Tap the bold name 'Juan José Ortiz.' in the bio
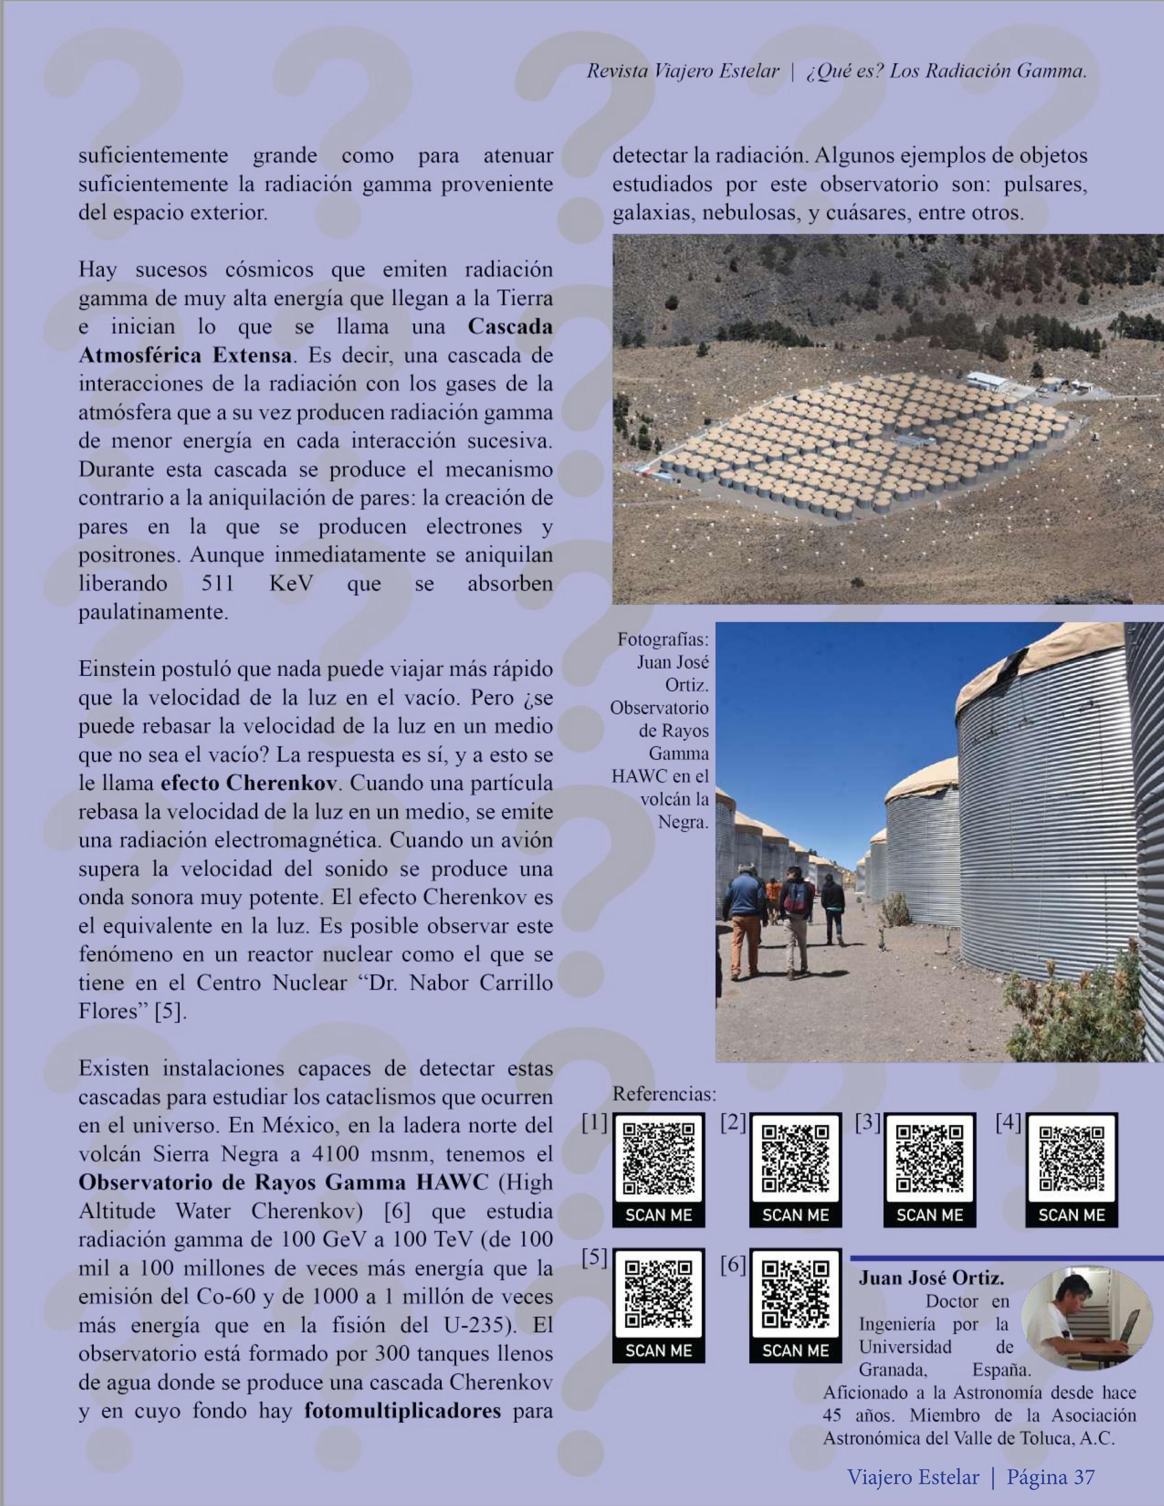click(x=931, y=1278)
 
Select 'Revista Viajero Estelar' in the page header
click(x=682, y=71)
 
